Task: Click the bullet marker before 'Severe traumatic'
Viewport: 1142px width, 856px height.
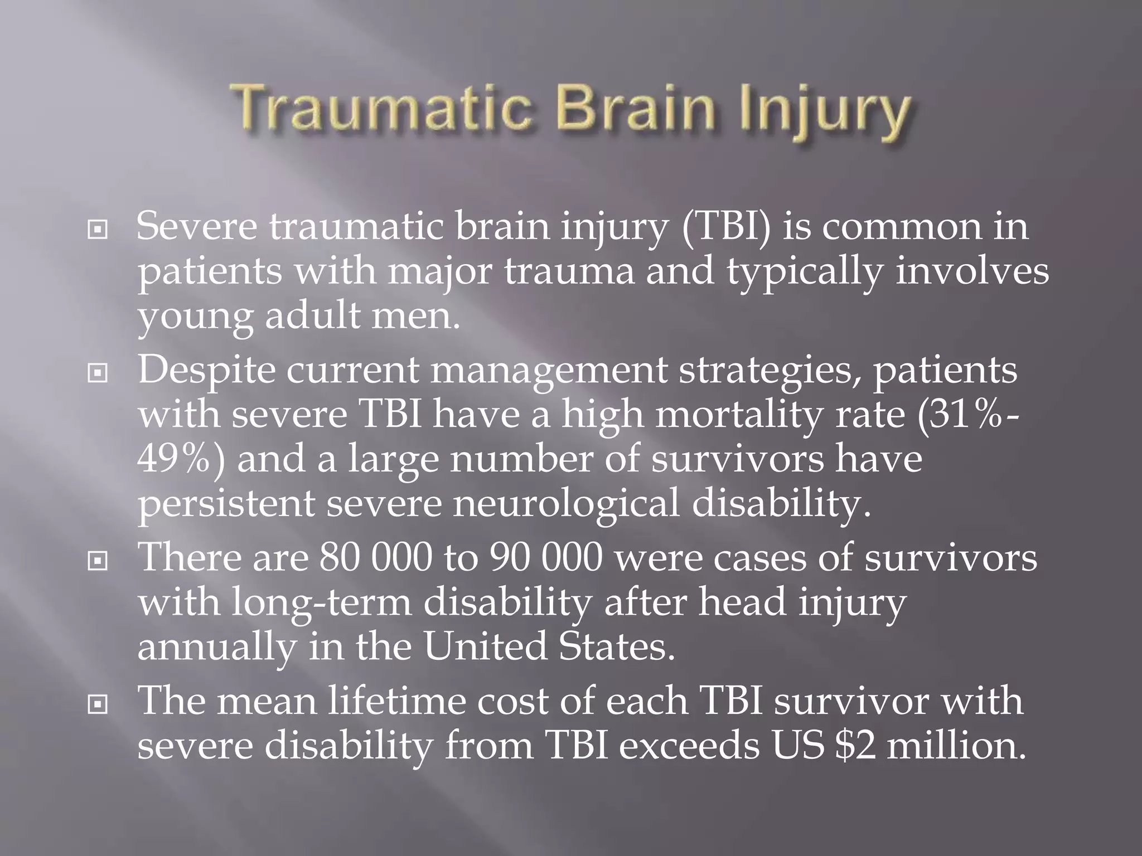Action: (98, 229)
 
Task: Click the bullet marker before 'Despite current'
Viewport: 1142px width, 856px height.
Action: (98, 373)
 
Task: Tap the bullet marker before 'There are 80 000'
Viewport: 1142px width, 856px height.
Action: (98, 561)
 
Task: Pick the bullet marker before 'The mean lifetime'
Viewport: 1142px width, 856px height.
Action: (98, 704)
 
